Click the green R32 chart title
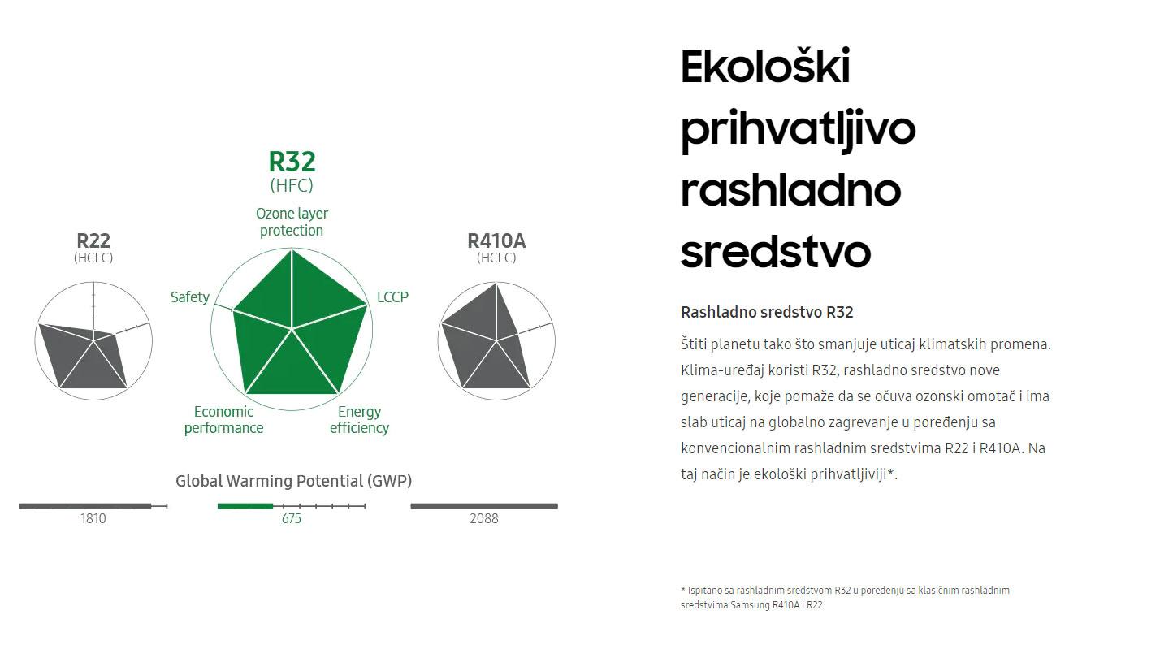tap(292, 162)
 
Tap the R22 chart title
tap(93, 240)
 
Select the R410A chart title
tap(496, 240)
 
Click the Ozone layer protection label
tap(292, 222)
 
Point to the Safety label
tap(189, 297)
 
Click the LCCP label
tap(392, 297)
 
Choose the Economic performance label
tap(223, 419)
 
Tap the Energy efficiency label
tap(359, 419)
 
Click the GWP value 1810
tap(93, 518)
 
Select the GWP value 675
tap(291, 518)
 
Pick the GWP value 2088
tap(484, 518)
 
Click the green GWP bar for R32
tap(245, 506)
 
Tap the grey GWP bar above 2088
tap(484, 506)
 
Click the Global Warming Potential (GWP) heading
tap(293, 481)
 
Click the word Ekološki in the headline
tap(765, 67)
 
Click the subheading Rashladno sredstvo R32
tap(767, 312)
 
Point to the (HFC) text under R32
tap(292, 185)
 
